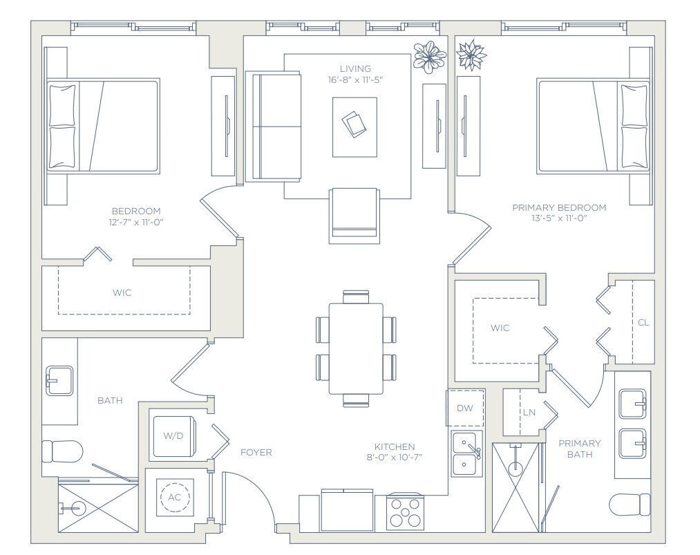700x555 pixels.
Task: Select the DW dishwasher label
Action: [465, 408]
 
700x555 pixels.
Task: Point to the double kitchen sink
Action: [469, 454]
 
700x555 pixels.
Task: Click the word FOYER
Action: [256, 453]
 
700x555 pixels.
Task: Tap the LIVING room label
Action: [355, 68]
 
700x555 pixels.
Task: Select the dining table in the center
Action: [356, 348]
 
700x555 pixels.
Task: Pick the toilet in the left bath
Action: [62, 451]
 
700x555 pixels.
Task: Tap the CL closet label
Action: [643, 322]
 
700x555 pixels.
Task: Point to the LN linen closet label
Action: [529, 413]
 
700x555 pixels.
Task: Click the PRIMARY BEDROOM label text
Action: [559, 207]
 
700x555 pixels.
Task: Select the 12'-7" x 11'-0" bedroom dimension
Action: [136, 222]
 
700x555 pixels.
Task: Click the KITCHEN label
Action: [395, 446]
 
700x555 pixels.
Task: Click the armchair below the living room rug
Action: [354, 215]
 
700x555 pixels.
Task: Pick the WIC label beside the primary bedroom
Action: [500, 328]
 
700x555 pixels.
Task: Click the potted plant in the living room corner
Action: [429, 57]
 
